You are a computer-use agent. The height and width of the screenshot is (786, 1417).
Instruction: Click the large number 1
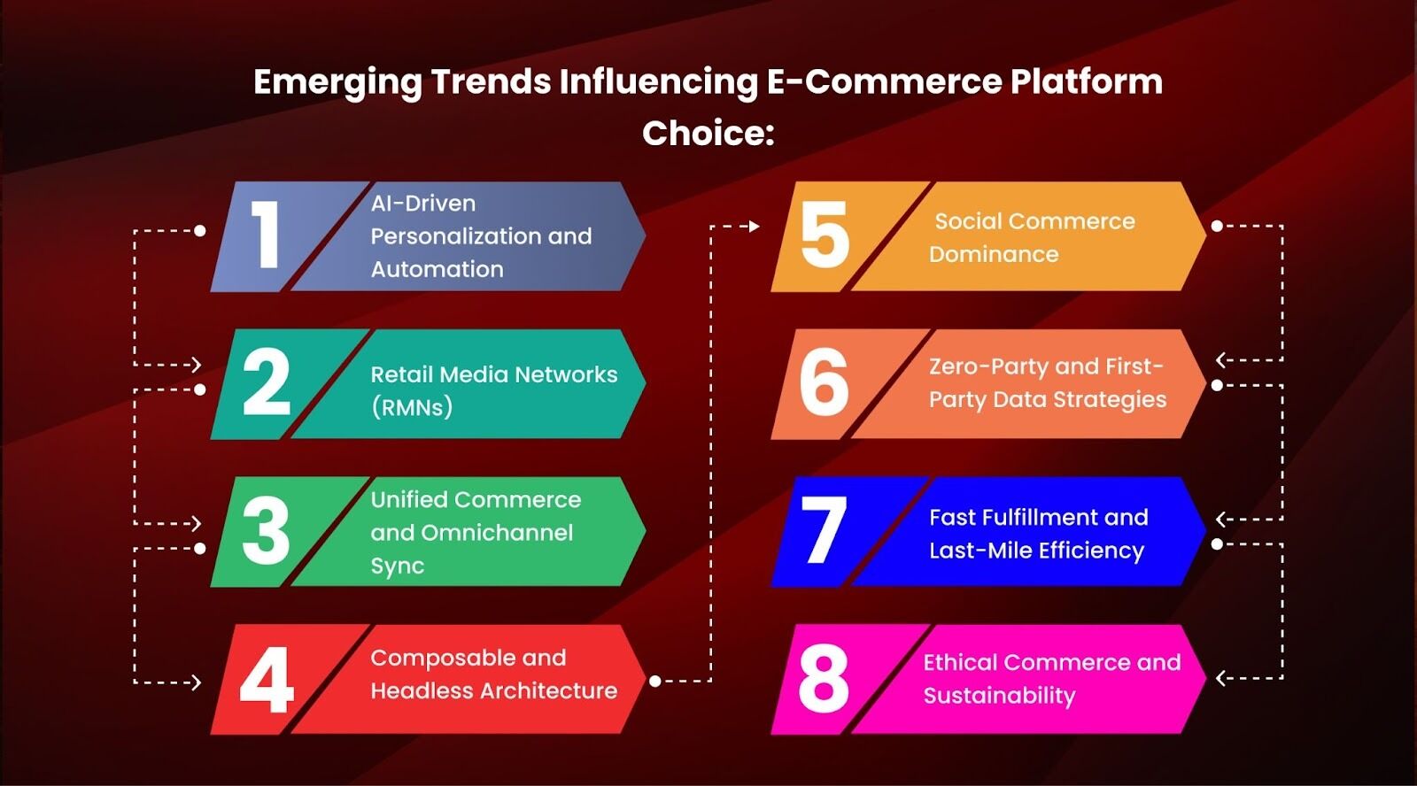tap(265, 235)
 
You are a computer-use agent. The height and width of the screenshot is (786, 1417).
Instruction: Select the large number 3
tap(266, 530)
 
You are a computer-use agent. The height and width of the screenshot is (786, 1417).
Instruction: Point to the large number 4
tap(267, 680)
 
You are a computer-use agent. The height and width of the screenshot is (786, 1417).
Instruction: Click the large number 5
tap(825, 235)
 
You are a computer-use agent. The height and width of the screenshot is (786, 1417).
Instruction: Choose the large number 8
tap(823, 679)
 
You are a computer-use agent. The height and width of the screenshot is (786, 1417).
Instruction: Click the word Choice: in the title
tap(708, 134)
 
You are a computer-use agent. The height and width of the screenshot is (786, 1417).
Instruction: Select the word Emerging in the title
tap(337, 83)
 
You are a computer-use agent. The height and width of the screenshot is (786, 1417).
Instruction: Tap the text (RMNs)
tap(412, 407)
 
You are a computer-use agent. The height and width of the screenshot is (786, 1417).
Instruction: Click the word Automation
tap(437, 269)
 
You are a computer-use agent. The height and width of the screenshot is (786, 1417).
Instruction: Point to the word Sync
tap(398, 566)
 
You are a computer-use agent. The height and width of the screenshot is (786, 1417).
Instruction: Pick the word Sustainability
tap(999, 697)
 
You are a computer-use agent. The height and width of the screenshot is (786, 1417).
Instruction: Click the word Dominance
tap(993, 254)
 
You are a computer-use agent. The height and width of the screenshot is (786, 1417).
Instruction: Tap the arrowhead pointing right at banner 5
tap(754, 226)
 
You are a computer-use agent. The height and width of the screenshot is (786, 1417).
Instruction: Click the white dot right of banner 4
tap(655, 681)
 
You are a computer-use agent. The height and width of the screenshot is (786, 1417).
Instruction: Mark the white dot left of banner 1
tap(200, 231)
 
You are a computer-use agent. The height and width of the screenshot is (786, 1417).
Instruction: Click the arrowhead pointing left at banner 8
tap(1220, 679)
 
